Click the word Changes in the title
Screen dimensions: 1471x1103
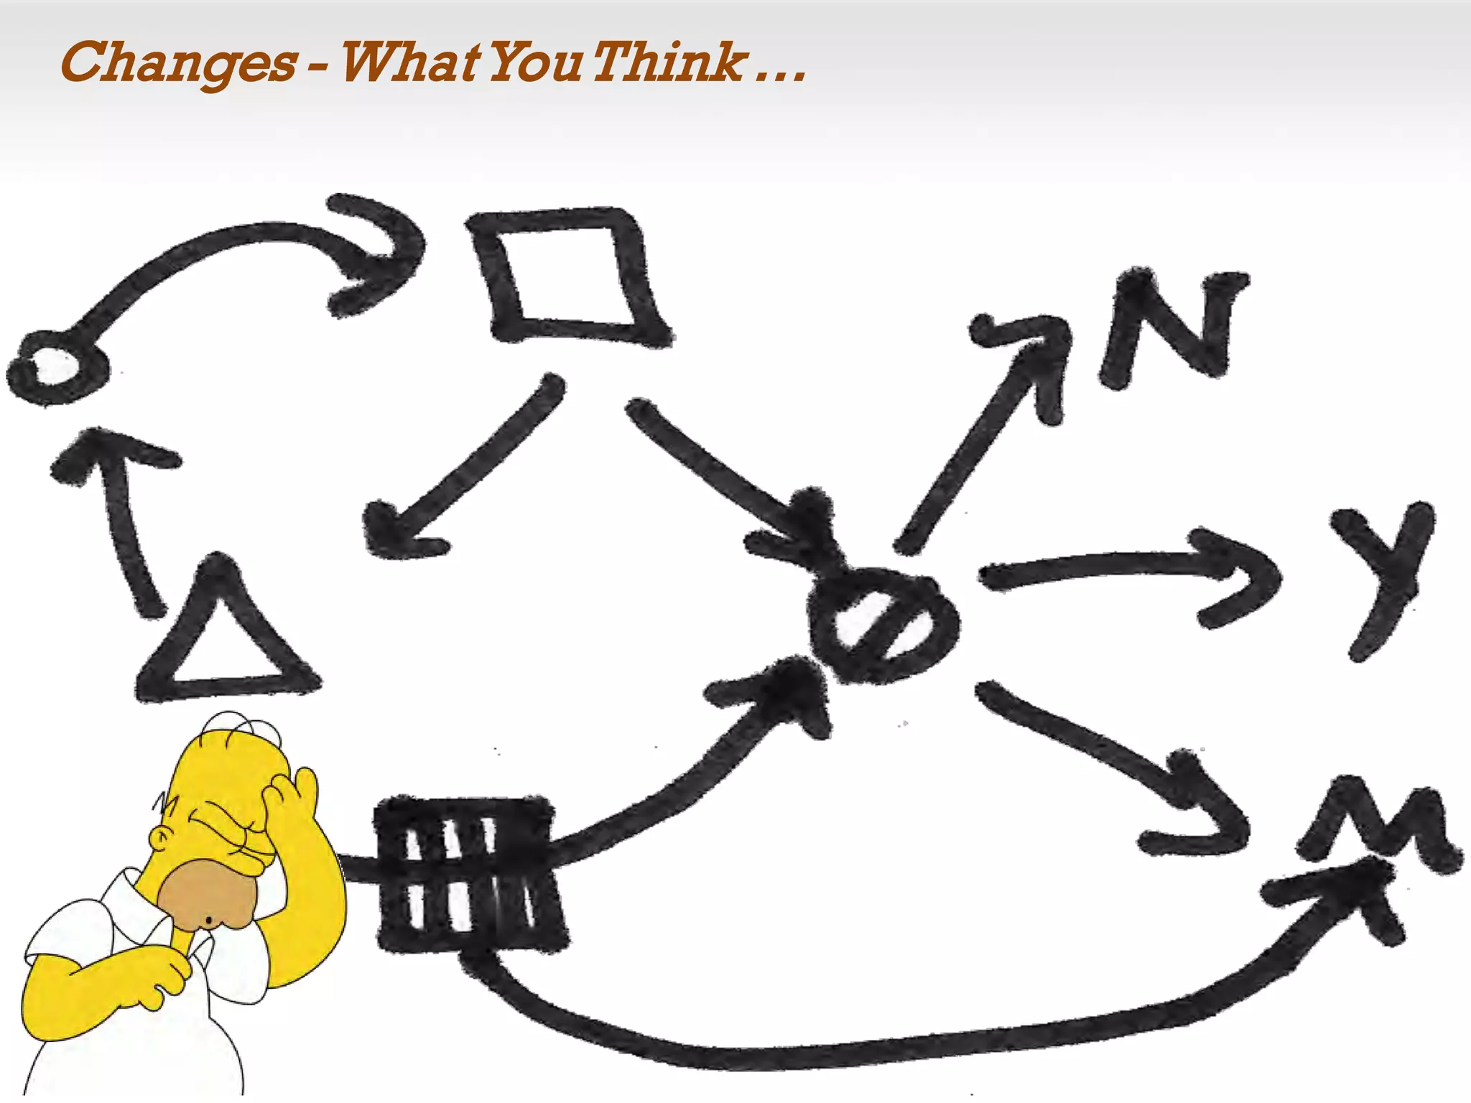pyautogui.click(x=178, y=63)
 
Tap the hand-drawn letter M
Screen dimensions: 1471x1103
pyautogui.click(x=1375, y=826)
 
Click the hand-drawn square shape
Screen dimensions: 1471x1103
pyautogui.click(x=567, y=276)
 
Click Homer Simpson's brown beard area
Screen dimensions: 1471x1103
pyautogui.click(x=205, y=898)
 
